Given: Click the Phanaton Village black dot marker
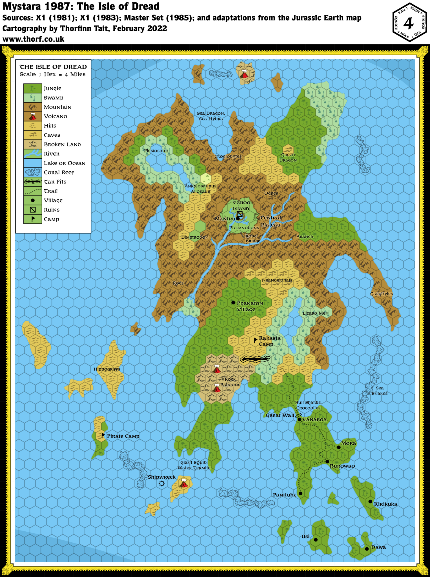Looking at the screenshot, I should coord(233,303).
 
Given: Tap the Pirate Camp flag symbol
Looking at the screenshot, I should coord(103,436).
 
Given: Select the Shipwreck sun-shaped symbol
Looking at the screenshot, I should coord(162,483).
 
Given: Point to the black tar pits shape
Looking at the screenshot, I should coord(255,359).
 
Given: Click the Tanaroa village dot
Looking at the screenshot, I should coord(300,420).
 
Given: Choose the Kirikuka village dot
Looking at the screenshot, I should coord(370,501).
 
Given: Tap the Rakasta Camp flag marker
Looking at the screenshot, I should coord(256,340).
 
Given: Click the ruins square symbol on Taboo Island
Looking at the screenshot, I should coord(240,214).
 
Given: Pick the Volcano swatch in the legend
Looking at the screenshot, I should coord(33,116).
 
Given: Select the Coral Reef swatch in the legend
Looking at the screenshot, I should coord(33,172).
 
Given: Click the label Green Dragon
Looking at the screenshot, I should coord(288,157).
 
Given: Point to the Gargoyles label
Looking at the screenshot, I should coord(381,294).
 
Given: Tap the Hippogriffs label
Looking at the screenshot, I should coord(107,369).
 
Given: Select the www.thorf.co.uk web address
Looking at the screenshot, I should coord(34,39).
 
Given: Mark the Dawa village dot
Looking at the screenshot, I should coord(367,549).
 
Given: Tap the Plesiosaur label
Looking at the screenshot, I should coord(156,151).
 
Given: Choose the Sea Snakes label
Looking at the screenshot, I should coord(380,391).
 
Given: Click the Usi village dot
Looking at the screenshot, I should coord(316,540).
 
